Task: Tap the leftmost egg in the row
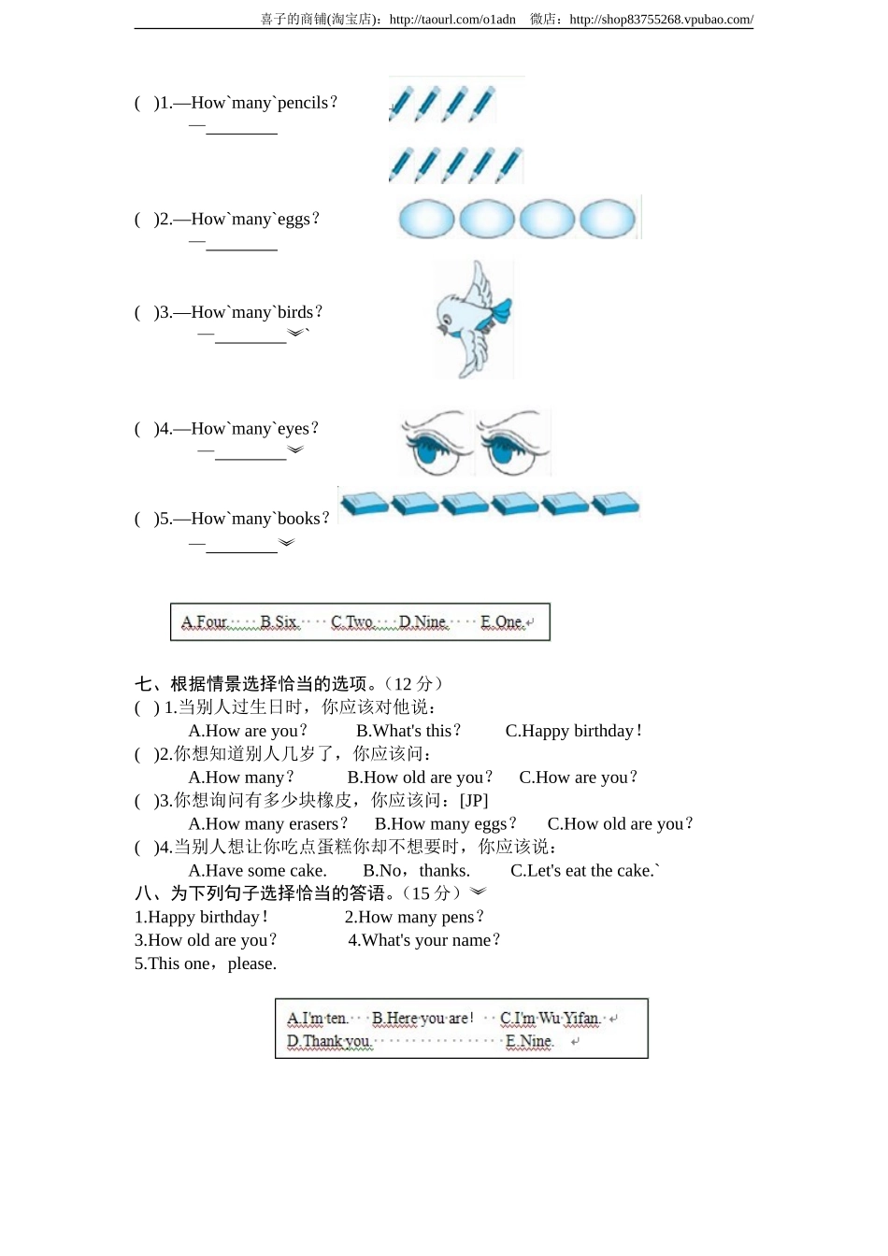(426, 220)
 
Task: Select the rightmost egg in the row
(608, 220)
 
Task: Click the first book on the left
(365, 504)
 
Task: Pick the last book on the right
(615, 504)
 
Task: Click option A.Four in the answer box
(204, 622)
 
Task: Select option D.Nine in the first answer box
(423, 622)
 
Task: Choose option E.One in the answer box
(502, 622)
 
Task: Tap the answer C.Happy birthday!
(573, 731)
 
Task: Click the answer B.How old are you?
(420, 778)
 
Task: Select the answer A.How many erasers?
(267, 824)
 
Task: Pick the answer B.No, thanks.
(416, 871)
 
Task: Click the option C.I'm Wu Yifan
(550, 1019)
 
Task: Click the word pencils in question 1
(303, 103)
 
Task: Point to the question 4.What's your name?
(424, 940)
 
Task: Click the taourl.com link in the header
(452, 20)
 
